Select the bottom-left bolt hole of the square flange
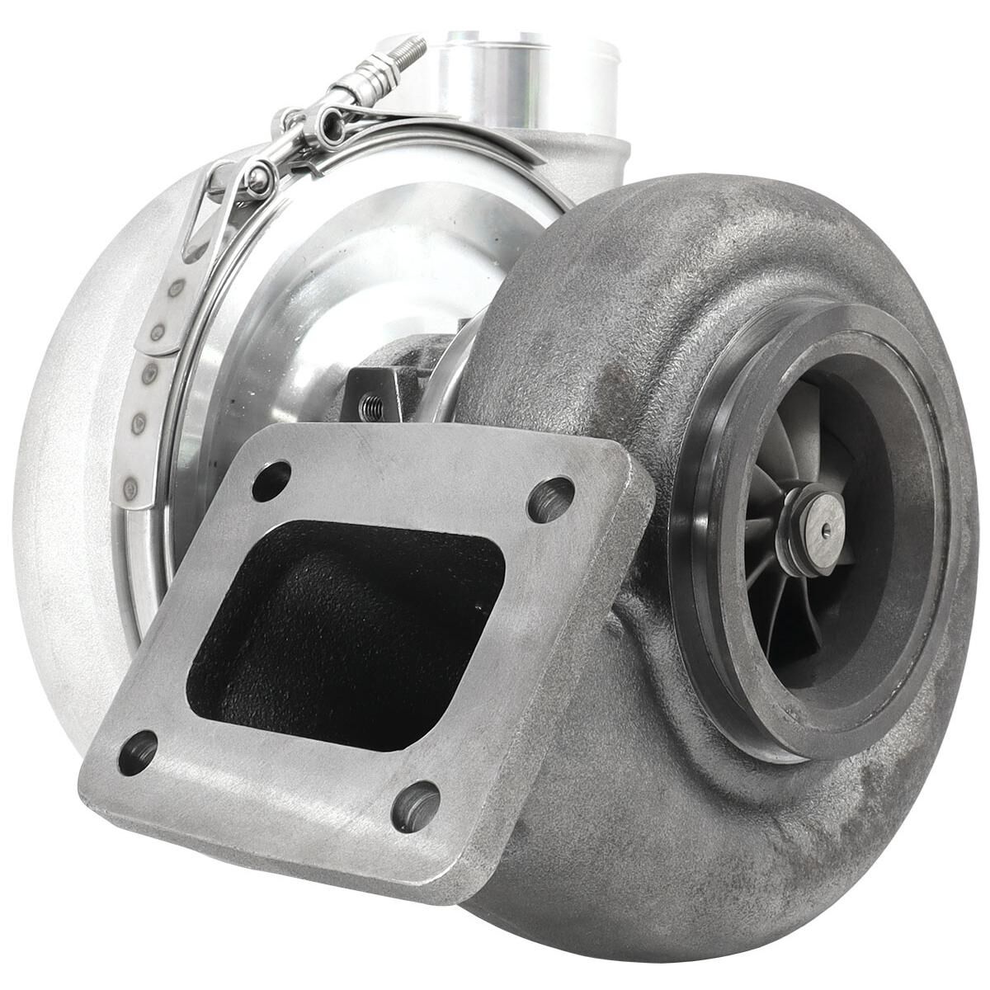(x=138, y=753)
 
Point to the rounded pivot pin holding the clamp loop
(x=262, y=178)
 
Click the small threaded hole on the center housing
(x=369, y=403)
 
